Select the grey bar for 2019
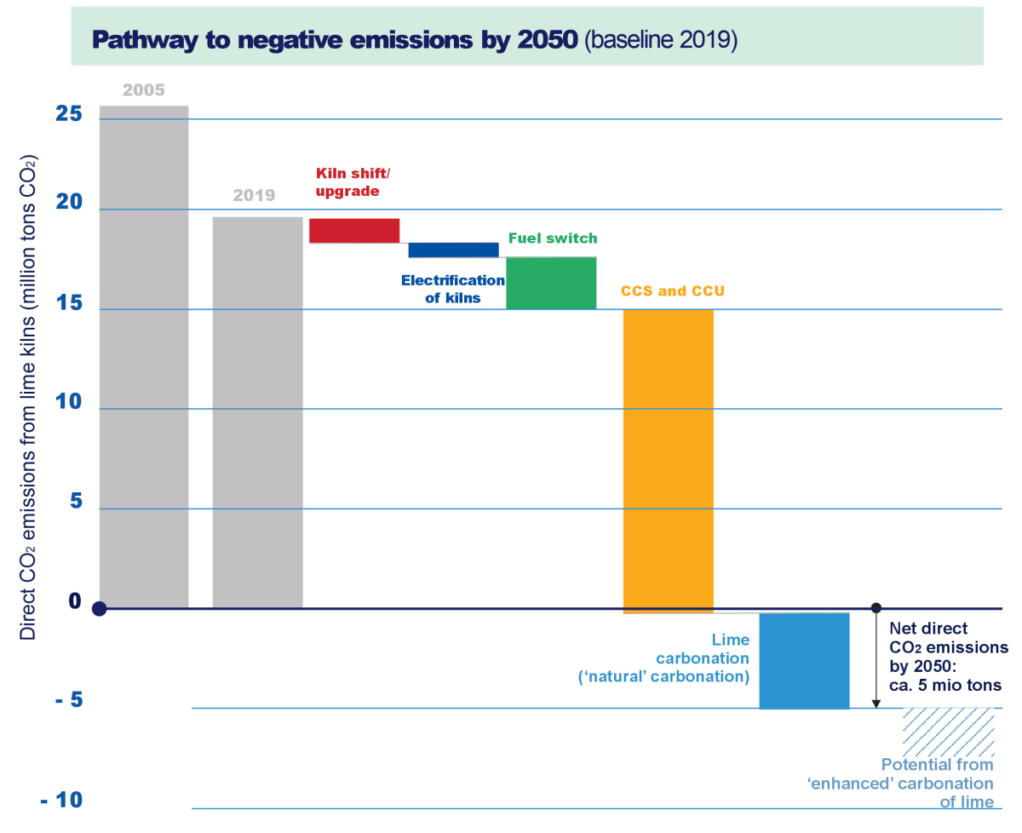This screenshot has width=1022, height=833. click(257, 412)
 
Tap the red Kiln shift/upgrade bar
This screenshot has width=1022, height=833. click(354, 231)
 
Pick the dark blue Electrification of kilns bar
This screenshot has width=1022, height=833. click(453, 250)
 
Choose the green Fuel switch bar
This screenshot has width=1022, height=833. click(551, 283)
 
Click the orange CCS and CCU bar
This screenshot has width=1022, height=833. click(669, 461)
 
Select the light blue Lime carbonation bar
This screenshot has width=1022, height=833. click(804, 660)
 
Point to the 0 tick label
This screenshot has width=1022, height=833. click(74, 601)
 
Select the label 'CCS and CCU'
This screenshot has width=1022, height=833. click(673, 291)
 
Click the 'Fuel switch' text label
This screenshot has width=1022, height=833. click(553, 238)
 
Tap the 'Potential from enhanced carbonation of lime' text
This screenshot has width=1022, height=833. click(937, 783)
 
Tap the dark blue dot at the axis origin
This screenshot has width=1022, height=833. click(100, 609)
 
